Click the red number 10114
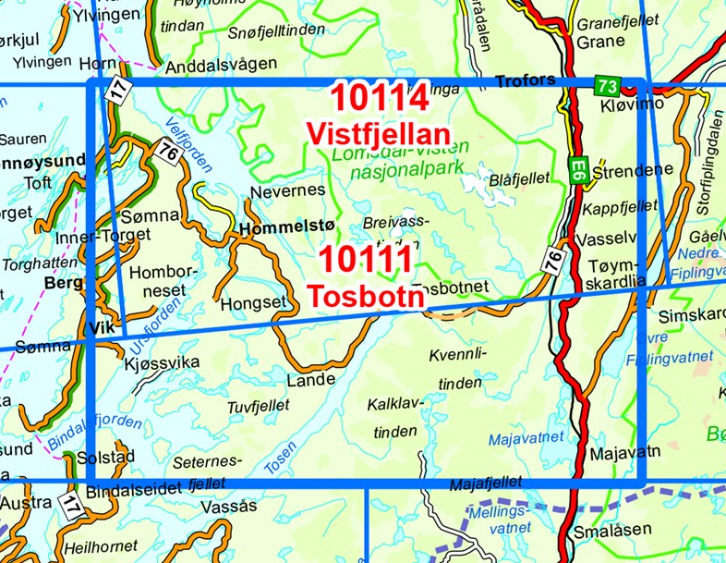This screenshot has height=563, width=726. pyautogui.click(x=379, y=97)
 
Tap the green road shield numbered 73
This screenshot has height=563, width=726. pyautogui.click(x=606, y=86)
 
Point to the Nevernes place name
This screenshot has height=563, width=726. pyautogui.click(x=288, y=190)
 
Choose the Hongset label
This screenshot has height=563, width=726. pyautogui.click(x=248, y=302)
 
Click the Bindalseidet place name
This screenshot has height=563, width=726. pyautogui.click(x=139, y=490)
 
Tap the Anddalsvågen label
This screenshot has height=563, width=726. pyautogui.click(x=221, y=67)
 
